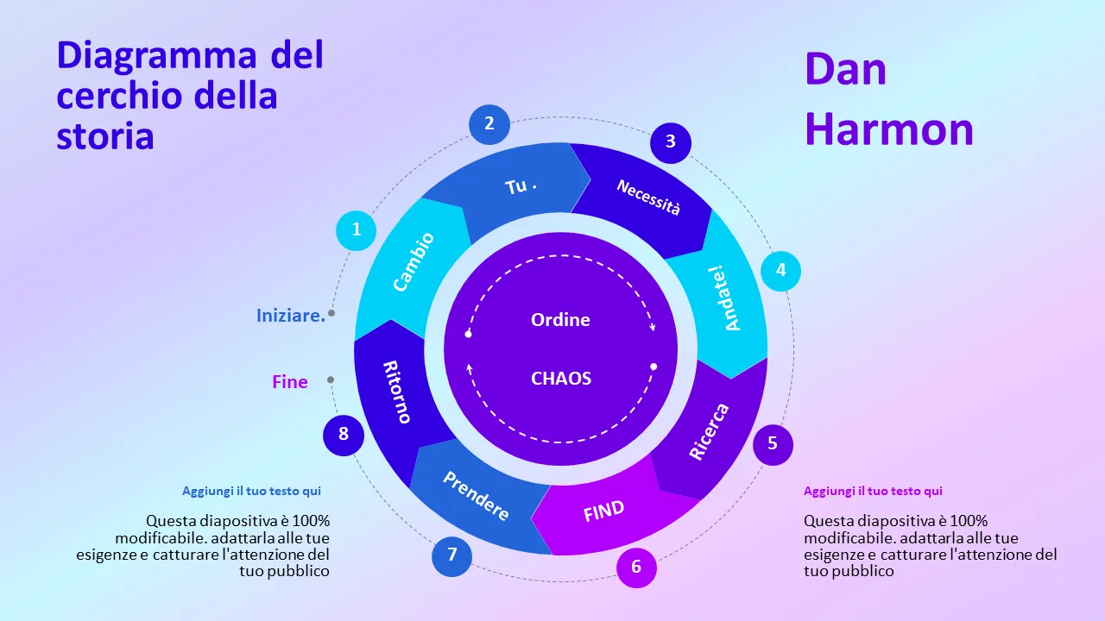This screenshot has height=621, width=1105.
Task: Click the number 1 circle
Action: pyautogui.click(x=356, y=230)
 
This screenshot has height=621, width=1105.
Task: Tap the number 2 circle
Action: pyautogui.click(x=489, y=123)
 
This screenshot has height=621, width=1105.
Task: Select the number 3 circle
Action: pyautogui.click(x=671, y=141)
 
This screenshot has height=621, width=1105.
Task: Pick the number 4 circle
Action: pyautogui.click(x=780, y=270)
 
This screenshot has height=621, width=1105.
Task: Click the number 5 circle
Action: pyautogui.click(x=773, y=443)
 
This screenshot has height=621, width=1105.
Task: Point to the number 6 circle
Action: pyautogui.click(x=636, y=567)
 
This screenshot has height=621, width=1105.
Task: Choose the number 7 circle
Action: pyautogui.click(x=451, y=555)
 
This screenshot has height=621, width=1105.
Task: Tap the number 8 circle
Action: pyautogui.click(x=344, y=434)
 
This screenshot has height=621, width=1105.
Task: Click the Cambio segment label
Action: pyautogui.click(x=414, y=261)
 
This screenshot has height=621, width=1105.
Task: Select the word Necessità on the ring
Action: pyautogui.click(x=648, y=198)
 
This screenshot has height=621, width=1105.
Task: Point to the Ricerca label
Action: pyautogui.click(x=709, y=431)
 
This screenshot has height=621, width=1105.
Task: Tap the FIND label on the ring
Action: pyautogui.click(x=603, y=511)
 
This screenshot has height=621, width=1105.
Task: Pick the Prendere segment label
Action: pyautogui.click(x=476, y=496)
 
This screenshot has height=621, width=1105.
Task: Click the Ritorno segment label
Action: pyautogui.click(x=396, y=392)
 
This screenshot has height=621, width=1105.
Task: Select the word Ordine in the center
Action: pyautogui.click(x=560, y=320)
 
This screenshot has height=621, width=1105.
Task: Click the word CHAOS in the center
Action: pyautogui.click(x=561, y=378)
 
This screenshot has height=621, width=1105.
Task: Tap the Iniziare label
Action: pyautogui.click(x=291, y=316)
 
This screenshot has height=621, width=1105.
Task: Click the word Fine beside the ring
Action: pyautogui.click(x=290, y=381)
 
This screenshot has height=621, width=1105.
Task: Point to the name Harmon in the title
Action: pyautogui.click(x=889, y=129)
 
